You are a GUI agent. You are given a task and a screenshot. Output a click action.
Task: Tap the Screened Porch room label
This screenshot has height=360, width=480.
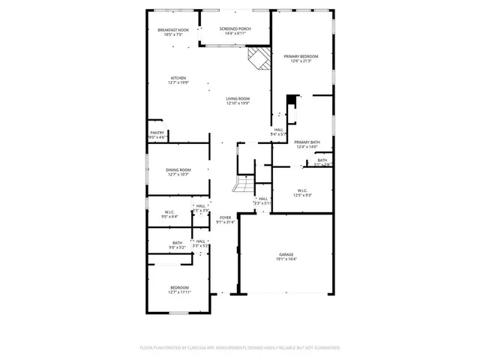pyautogui.click(x=235, y=29)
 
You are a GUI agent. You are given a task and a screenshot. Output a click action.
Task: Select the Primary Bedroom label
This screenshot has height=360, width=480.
pyautogui.click(x=301, y=56)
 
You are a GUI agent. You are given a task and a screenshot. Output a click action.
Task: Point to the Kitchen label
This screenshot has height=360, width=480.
pyautogui.click(x=178, y=78)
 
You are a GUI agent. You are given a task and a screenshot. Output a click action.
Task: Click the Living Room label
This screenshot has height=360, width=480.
pyautogui.click(x=238, y=98)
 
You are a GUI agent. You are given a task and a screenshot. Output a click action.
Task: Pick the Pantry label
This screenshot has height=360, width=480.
pyautogui.click(x=157, y=133)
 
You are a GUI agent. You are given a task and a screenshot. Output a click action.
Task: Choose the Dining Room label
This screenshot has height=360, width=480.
pyautogui.click(x=178, y=170)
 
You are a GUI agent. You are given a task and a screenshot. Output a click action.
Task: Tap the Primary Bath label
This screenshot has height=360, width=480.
pyautogui.click(x=307, y=142)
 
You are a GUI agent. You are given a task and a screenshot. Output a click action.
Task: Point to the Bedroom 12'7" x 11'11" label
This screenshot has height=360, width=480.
pyautogui.click(x=179, y=287)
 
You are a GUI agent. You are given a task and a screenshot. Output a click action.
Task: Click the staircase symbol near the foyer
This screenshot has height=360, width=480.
pyautogui.click(x=244, y=184)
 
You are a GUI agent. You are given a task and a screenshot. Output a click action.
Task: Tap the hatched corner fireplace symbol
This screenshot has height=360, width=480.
pyautogui.click(x=259, y=58)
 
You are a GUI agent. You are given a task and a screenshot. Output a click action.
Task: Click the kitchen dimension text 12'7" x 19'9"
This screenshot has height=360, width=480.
pyautogui.click(x=178, y=83)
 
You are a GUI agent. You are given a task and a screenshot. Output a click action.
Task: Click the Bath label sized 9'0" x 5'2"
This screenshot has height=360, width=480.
pyautogui.click(x=178, y=242)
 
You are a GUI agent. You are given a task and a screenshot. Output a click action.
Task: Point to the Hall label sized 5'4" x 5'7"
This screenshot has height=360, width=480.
pyautogui.click(x=278, y=130)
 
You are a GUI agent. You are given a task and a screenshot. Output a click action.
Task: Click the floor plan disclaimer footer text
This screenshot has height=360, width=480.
pyautogui.click(x=240, y=347)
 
